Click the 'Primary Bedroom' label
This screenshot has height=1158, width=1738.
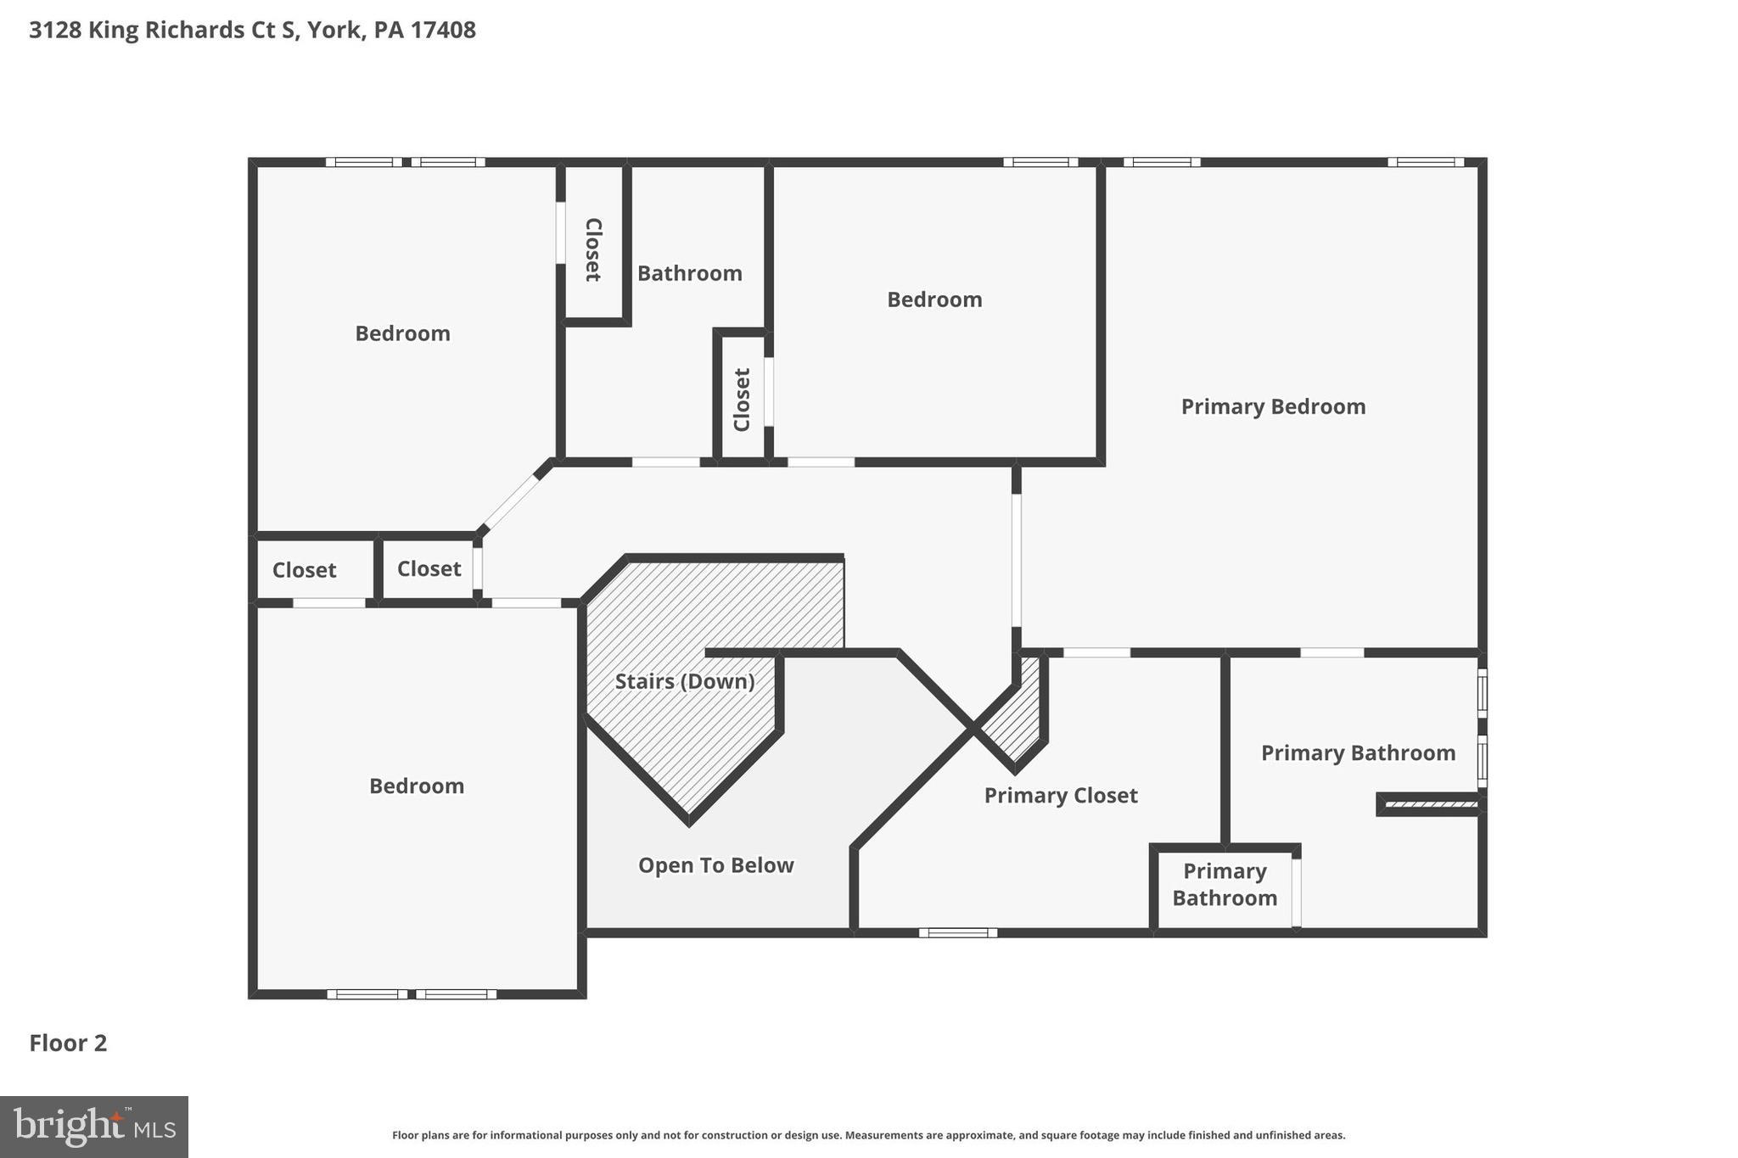[1273, 407]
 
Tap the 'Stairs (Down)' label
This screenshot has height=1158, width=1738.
[684, 681]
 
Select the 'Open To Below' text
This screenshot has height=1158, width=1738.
[715, 865]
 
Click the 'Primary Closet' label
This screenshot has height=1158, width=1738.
[1060, 796]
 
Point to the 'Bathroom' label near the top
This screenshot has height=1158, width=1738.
[689, 273]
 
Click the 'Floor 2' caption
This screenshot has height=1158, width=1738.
[68, 1043]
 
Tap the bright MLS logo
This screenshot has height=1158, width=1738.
[94, 1127]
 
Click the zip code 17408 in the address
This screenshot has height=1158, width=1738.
[443, 30]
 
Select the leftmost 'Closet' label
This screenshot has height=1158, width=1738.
[304, 570]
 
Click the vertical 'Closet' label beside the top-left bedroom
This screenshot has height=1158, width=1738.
[593, 249]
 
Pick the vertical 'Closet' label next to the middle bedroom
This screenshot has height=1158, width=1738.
[742, 400]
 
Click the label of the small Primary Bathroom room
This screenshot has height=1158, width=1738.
[1224, 885]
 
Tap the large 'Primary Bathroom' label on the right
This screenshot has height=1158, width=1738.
[1358, 753]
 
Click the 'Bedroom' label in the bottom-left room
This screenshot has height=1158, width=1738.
[416, 786]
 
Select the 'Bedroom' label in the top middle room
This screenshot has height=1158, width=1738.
[934, 299]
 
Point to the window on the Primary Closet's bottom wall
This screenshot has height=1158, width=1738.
[957, 933]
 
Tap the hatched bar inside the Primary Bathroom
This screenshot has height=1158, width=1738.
[1429, 804]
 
